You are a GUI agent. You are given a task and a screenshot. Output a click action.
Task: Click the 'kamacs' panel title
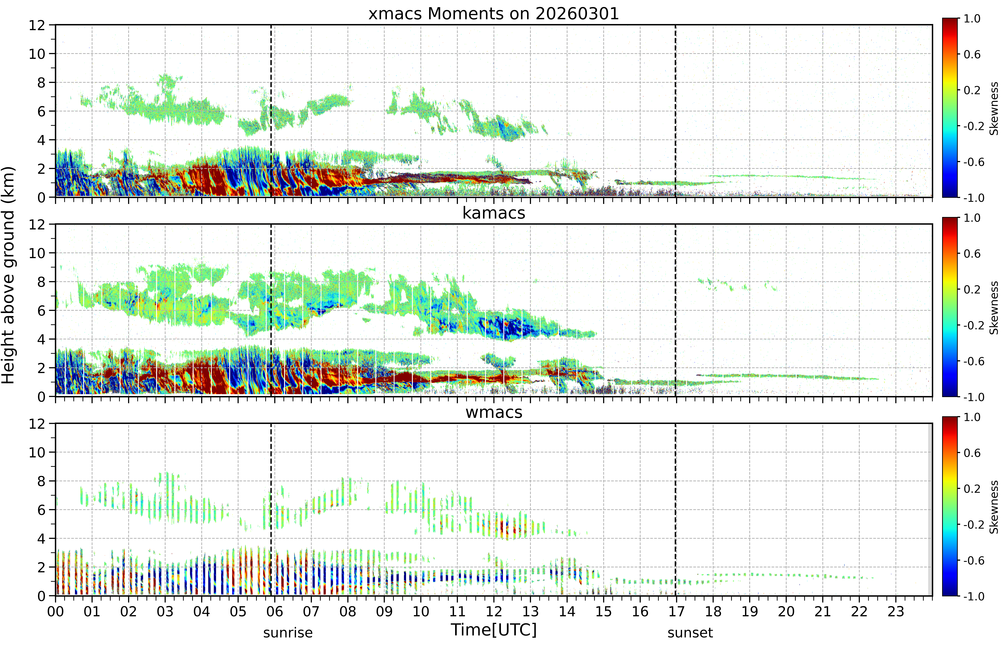pyautogui.click(x=494, y=213)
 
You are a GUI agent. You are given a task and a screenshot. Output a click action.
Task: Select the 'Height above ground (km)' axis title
pyautogui.click(x=8, y=275)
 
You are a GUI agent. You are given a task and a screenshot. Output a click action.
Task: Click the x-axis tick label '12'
pyautogui.click(x=494, y=611)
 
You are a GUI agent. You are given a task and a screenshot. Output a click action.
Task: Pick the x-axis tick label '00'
pyautogui.click(x=55, y=611)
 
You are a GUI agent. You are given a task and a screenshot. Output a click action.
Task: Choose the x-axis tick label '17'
pyautogui.click(x=677, y=611)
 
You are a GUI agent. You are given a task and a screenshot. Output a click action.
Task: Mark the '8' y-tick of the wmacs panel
pyautogui.click(x=41, y=481)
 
